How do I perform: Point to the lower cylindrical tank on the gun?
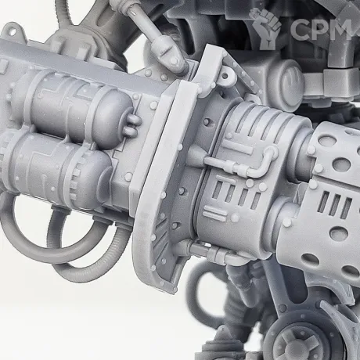point(56,170)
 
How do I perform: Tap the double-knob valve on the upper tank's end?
point(135,123)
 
